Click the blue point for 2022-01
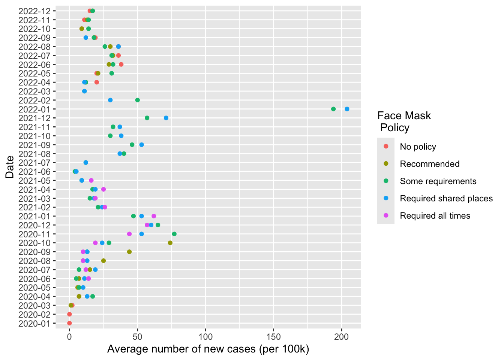point(347,109)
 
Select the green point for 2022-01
point(333,109)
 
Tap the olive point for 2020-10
point(170,243)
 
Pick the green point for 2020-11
point(174,234)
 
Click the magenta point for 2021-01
point(154,216)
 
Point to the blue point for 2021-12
point(166,118)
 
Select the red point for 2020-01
point(69,323)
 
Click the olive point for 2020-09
point(129,252)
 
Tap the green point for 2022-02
point(138,100)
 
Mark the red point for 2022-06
point(121,64)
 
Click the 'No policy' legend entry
point(418,147)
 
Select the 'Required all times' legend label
point(435,216)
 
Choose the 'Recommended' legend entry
point(429,164)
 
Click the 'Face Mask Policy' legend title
point(404,121)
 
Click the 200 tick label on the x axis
point(341,337)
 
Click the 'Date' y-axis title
point(10,167)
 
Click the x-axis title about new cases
point(208,349)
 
